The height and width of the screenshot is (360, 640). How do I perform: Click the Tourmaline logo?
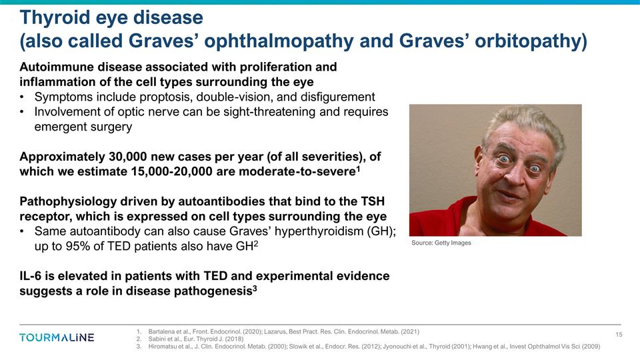[x=57, y=337]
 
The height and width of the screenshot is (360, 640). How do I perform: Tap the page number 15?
[x=618, y=334]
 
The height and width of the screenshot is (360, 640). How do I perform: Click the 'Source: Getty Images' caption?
[x=441, y=243]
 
